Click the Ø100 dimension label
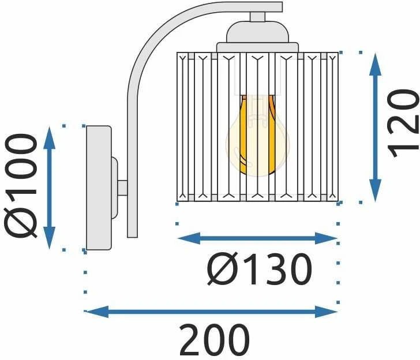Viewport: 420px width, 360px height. tap(20, 186)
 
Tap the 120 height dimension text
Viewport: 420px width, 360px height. tap(403, 123)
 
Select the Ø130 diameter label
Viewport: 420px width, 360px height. tap(259, 270)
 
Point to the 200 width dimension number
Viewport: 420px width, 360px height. tap(214, 340)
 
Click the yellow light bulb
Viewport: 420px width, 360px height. tap(258, 136)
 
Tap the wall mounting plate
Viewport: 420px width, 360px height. tap(99, 187)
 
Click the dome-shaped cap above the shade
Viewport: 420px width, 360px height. tap(258, 32)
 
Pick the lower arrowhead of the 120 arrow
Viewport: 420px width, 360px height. tap(375, 190)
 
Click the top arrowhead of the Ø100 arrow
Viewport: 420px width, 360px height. tap(49, 138)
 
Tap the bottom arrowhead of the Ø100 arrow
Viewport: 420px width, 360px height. tap(49, 238)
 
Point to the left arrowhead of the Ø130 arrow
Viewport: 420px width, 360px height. tap(189, 238)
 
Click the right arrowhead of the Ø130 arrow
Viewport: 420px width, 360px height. tap(326, 238)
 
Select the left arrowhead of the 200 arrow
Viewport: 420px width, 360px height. tap(97, 312)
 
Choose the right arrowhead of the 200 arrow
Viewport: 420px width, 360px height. tap(326, 312)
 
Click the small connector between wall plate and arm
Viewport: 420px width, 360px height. tap(122, 188)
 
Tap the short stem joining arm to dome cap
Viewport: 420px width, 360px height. tap(258, 17)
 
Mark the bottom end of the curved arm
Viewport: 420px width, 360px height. tap(132, 237)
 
